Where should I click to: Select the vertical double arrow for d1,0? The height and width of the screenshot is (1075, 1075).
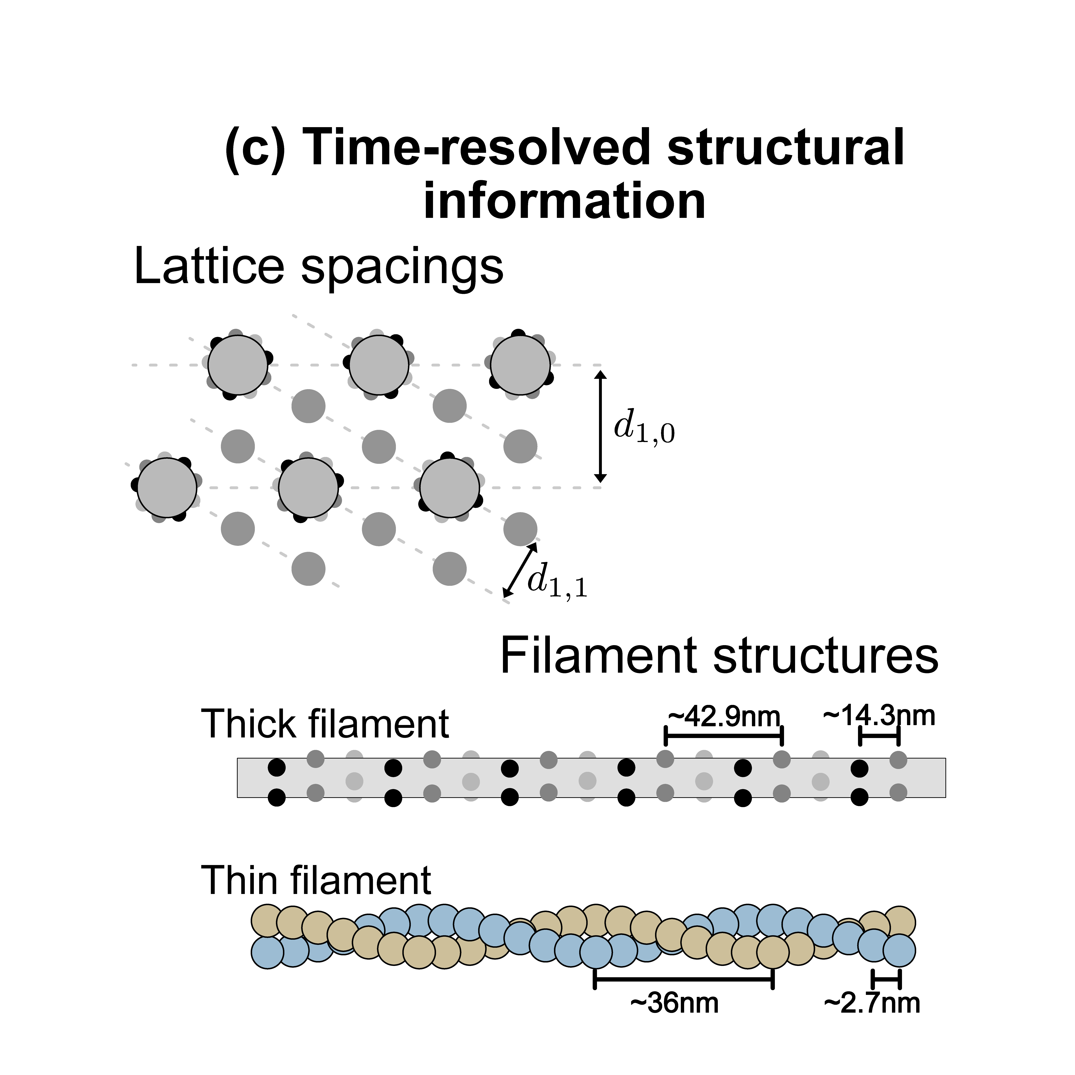600,426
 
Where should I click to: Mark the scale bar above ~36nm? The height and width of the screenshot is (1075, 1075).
684,979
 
